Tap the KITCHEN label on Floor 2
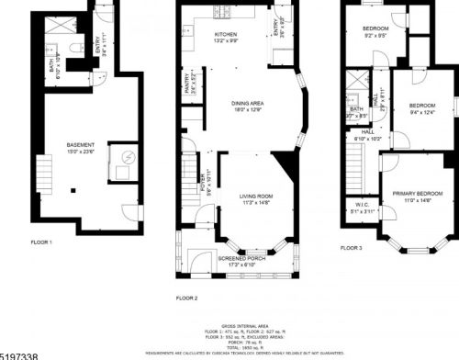(x=201, y=34)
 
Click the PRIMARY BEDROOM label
(x=418, y=194)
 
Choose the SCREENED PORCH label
(x=241, y=259)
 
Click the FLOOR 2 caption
(x=187, y=298)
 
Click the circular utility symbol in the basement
(x=127, y=156)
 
